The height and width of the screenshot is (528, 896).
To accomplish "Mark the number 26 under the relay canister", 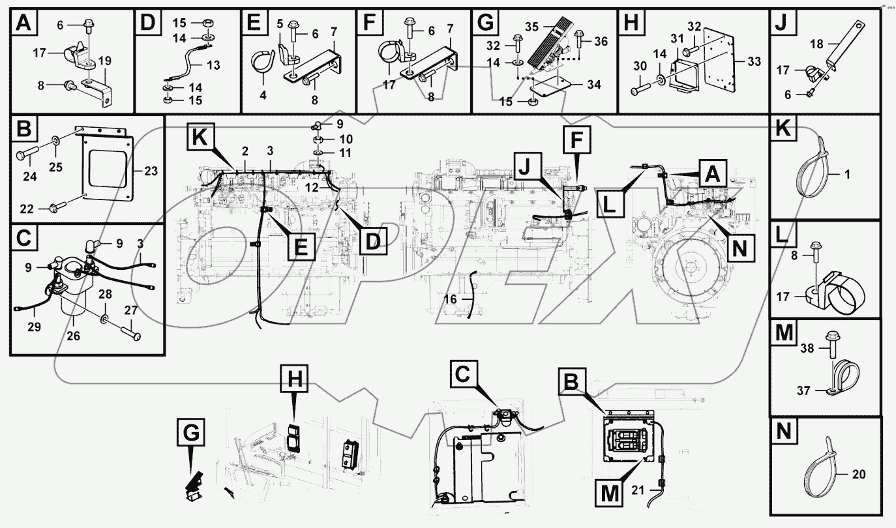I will [x=73, y=337].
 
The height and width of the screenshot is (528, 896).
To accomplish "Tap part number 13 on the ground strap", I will [x=213, y=65].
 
